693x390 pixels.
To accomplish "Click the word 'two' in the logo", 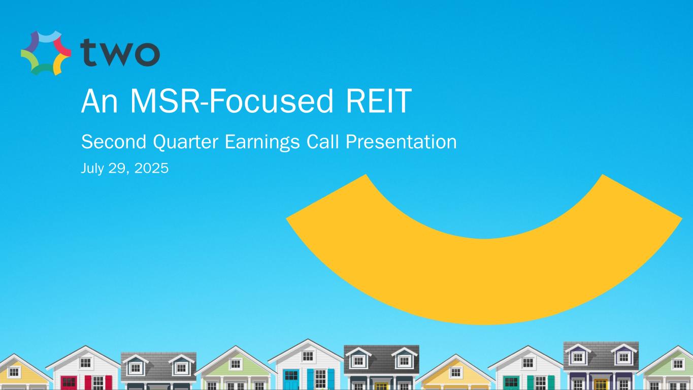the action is click(120, 53).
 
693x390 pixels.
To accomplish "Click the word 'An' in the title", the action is click(100, 101).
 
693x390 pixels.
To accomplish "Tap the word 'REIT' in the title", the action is click(379, 101).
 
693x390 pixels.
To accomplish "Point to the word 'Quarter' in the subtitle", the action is click(185, 142).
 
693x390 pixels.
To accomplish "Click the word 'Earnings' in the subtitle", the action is click(262, 143).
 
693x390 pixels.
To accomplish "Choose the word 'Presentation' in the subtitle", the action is click(401, 142).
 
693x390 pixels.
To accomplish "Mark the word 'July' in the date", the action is click(91, 169).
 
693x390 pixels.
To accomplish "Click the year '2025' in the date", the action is click(151, 168).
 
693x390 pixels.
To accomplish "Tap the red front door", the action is click(69, 382).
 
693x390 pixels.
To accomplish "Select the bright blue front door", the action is click(291, 379).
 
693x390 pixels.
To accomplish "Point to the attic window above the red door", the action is click(85, 363).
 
